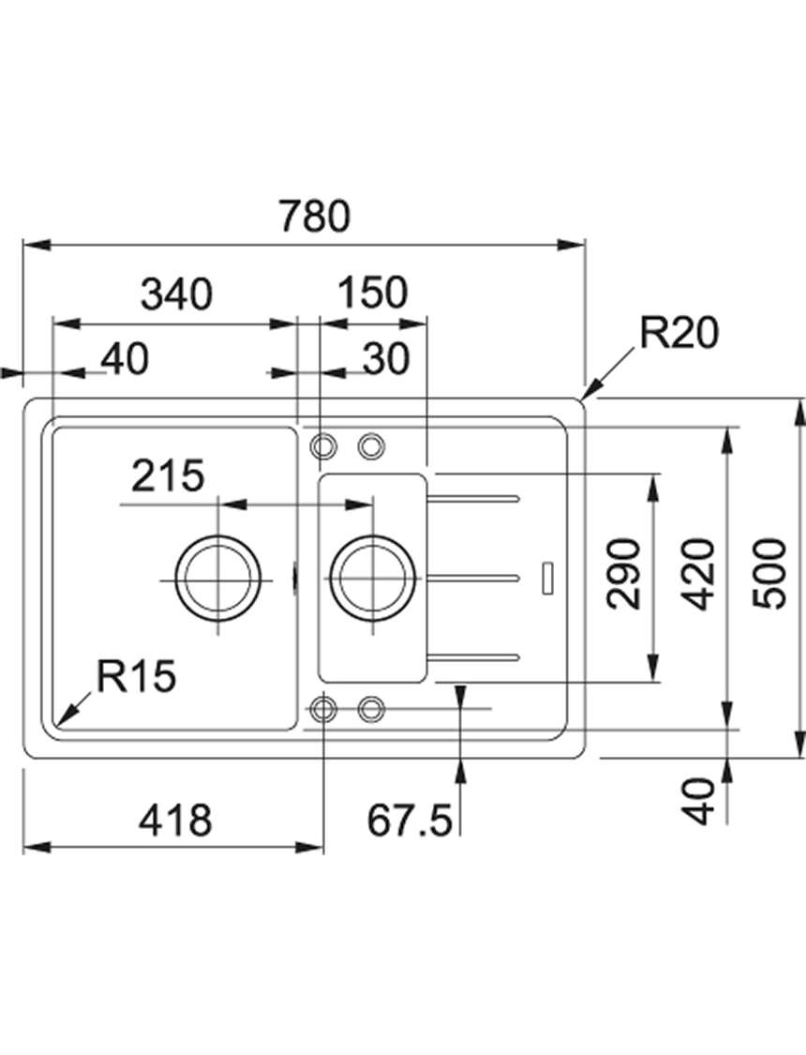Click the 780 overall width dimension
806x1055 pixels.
315,216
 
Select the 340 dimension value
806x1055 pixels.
177,294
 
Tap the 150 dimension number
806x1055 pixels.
372,293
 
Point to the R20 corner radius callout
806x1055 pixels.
679,333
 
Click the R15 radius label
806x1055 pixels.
137,675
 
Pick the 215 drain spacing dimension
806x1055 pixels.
168,475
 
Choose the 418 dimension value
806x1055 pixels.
175,821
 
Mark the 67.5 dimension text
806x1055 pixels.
409,821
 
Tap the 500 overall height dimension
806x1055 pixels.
769,574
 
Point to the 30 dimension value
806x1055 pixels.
386,358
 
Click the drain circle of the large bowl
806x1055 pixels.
217,536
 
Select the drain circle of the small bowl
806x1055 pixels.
372,536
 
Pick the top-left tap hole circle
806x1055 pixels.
323,445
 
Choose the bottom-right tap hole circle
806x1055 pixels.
371,708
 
